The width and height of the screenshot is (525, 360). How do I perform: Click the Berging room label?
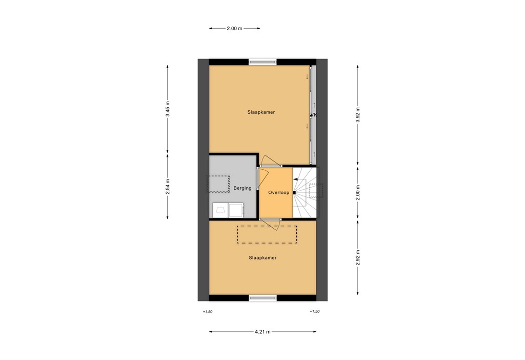(242, 188)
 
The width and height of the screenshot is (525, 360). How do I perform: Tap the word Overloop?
(278, 193)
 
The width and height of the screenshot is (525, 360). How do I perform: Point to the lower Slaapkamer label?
(262, 258)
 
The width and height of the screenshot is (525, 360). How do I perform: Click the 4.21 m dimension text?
(262, 332)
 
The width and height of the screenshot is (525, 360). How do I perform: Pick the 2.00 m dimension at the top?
(234, 29)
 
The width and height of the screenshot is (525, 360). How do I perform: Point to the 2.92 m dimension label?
(358, 256)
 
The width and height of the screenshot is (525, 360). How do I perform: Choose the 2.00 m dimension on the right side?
(358, 192)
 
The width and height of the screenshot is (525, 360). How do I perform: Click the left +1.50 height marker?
(207, 312)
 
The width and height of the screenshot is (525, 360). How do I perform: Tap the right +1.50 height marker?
(315, 312)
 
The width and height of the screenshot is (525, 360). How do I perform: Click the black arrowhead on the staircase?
(296, 179)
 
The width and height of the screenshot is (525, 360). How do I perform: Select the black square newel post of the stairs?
(294, 193)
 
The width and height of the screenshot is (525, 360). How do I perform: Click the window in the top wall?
(262, 62)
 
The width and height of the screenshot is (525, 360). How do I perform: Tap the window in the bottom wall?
(262, 297)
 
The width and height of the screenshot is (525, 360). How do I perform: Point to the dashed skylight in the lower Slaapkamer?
(267, 234)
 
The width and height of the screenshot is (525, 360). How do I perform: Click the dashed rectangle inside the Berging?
(219, 184)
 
